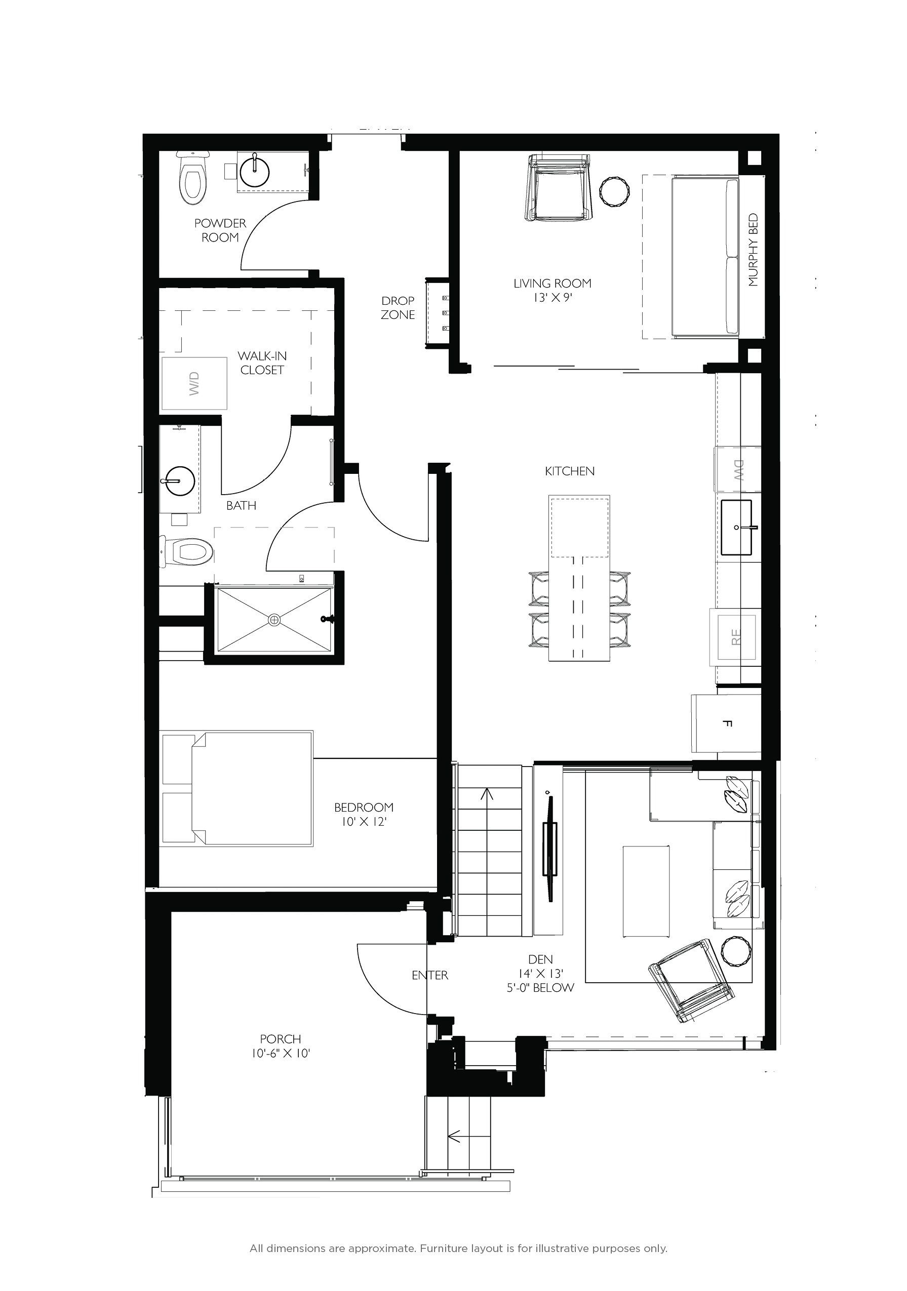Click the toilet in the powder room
(x=192, y=178)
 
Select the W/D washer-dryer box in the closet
(x=194, y=383)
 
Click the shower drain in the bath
(x=274, y=620)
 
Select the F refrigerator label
(x=729, y=723)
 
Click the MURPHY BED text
(x=754, y=250)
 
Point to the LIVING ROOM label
(x=552, y=284)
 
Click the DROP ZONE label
(x=398, y=308)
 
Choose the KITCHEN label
(x=570, y=471)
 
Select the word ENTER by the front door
(x=429, y=975)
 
